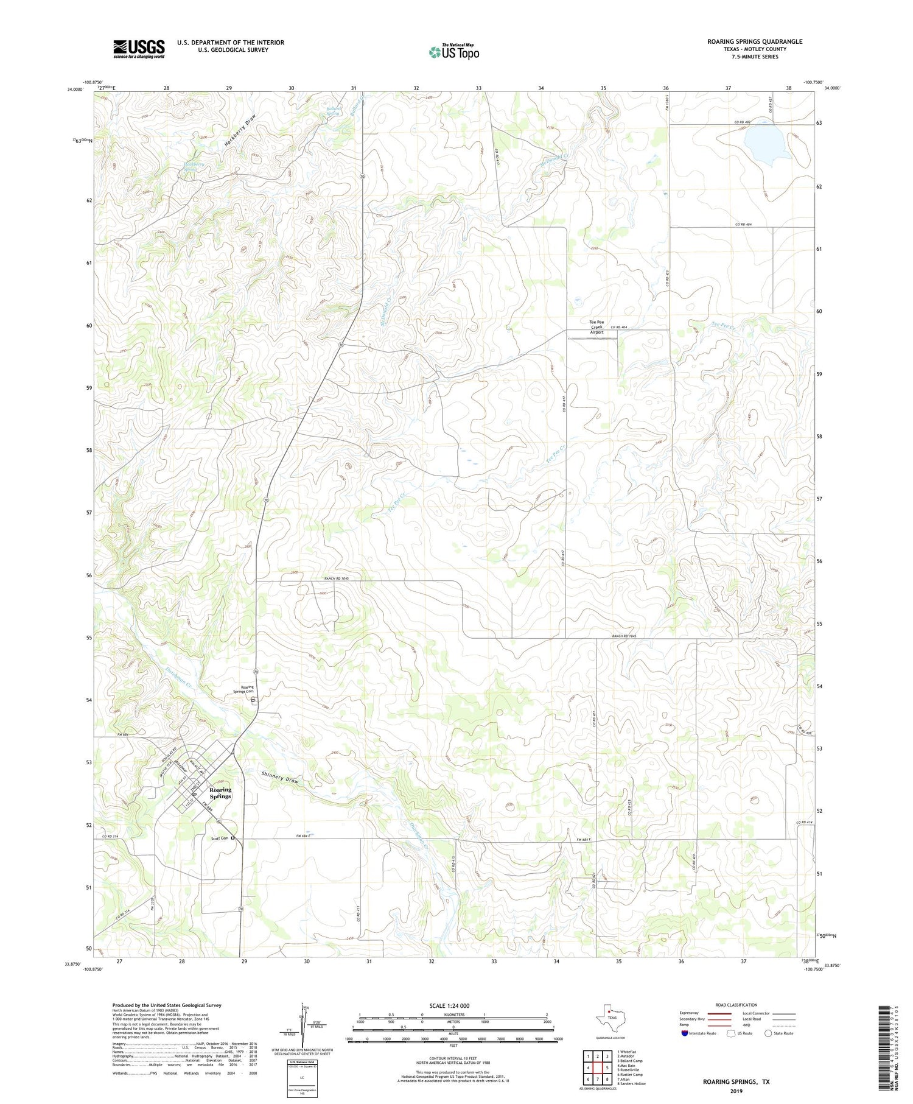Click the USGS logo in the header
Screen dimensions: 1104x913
coord(139,49)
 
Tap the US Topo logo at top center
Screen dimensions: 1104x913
coord(453,52)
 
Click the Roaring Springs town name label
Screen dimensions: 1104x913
coord(220,793)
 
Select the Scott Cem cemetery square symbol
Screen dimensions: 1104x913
coord(233,839)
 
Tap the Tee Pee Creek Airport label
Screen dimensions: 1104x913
coord(596,326)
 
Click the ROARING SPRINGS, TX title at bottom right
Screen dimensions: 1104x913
coord(736,1081)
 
